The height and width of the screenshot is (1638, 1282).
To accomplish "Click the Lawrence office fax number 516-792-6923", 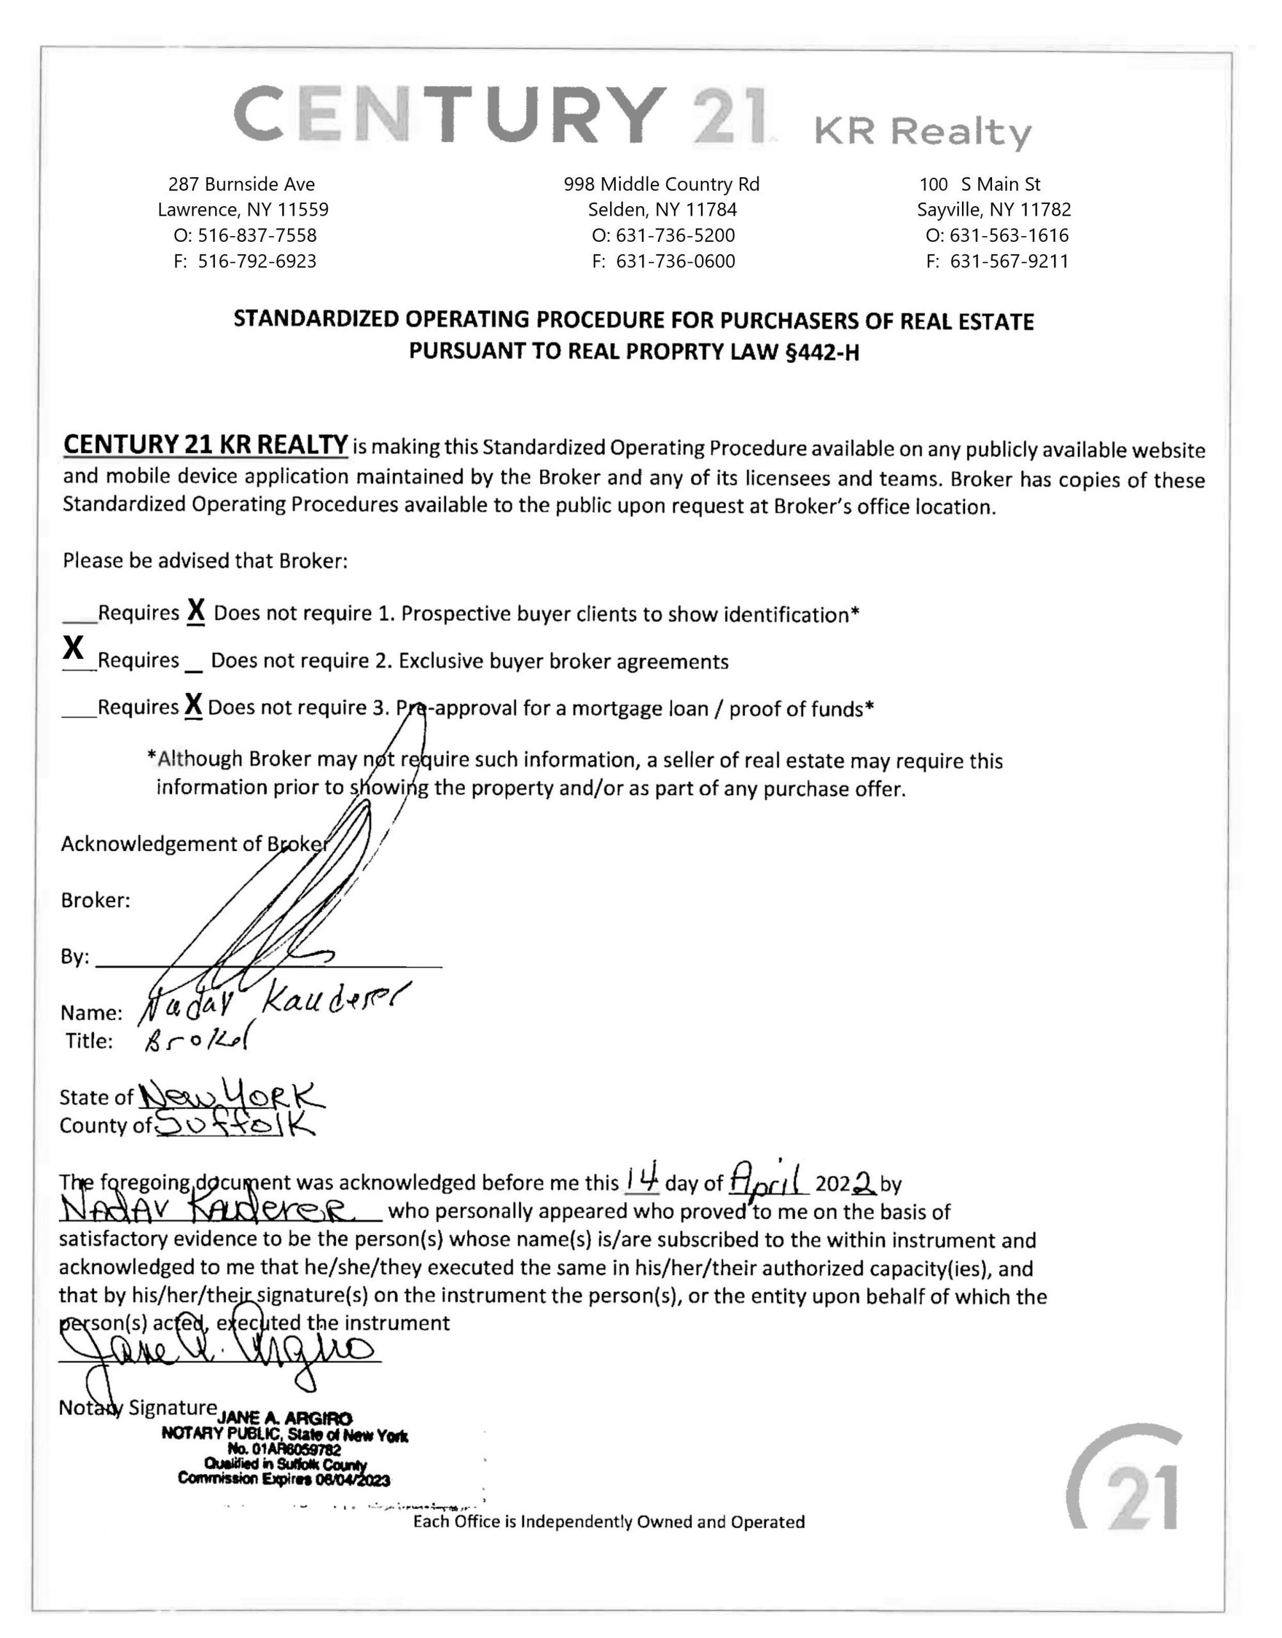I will [x=256, y=261].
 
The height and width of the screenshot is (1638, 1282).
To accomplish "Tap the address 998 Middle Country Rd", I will [x=661, y=184].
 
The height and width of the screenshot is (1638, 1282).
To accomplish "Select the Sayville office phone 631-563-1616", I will [x=1009, y=235].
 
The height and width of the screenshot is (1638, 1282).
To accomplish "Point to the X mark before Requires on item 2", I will [x=73, y=646].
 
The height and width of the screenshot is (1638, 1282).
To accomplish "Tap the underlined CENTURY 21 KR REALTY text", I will [x=205, y=444].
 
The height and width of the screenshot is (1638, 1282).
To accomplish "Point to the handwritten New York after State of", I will [x=231, y=1097].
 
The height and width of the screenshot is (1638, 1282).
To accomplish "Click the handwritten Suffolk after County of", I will [x=236, y=1124].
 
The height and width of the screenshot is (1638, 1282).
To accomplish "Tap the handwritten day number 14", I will [x=643, y=1179].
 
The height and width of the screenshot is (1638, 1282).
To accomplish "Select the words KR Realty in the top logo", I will [x=922, y=132].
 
